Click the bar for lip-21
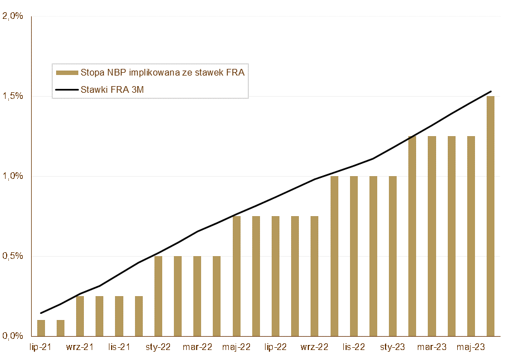(x=41, y=328)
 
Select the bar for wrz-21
(x=80, y=316)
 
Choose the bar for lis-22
(x=354, y=256)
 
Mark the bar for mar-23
(x=432, y=236)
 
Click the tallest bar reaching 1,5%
(x=491, y=216)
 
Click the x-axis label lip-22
(x=276, y=347)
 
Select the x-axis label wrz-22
(x=314, y=347)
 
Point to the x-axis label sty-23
(x=393, y=347)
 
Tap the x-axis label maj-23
(x=471, y=347)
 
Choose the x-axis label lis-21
(x=119, y=347)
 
